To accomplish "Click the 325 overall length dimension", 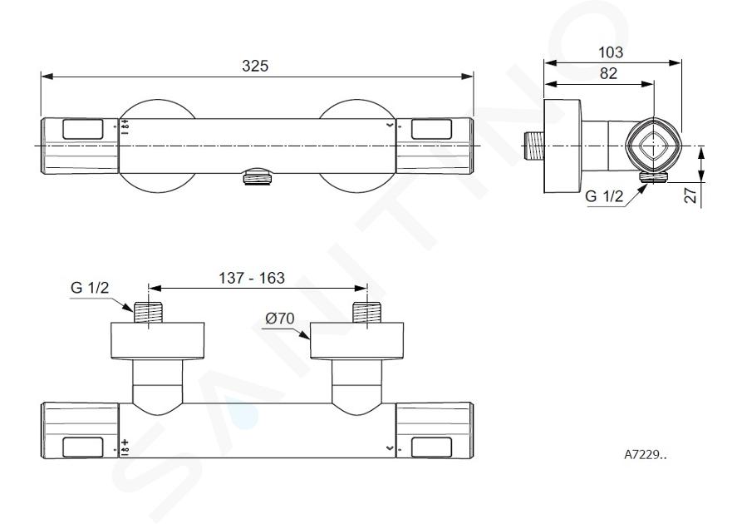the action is click(x=255, y=66).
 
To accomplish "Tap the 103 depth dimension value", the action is click(x=611, y=52).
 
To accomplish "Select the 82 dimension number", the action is click(x=608, y=73).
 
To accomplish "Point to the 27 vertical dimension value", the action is click(x=692, y=195).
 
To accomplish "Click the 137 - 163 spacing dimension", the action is click(x=251, y=278).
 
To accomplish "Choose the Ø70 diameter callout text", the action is click(x=280, y=319).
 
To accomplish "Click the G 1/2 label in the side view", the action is click(x=604, y=196).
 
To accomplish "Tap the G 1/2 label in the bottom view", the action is click(x=90, y=288).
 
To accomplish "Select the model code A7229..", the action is click(x=645, y=454).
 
